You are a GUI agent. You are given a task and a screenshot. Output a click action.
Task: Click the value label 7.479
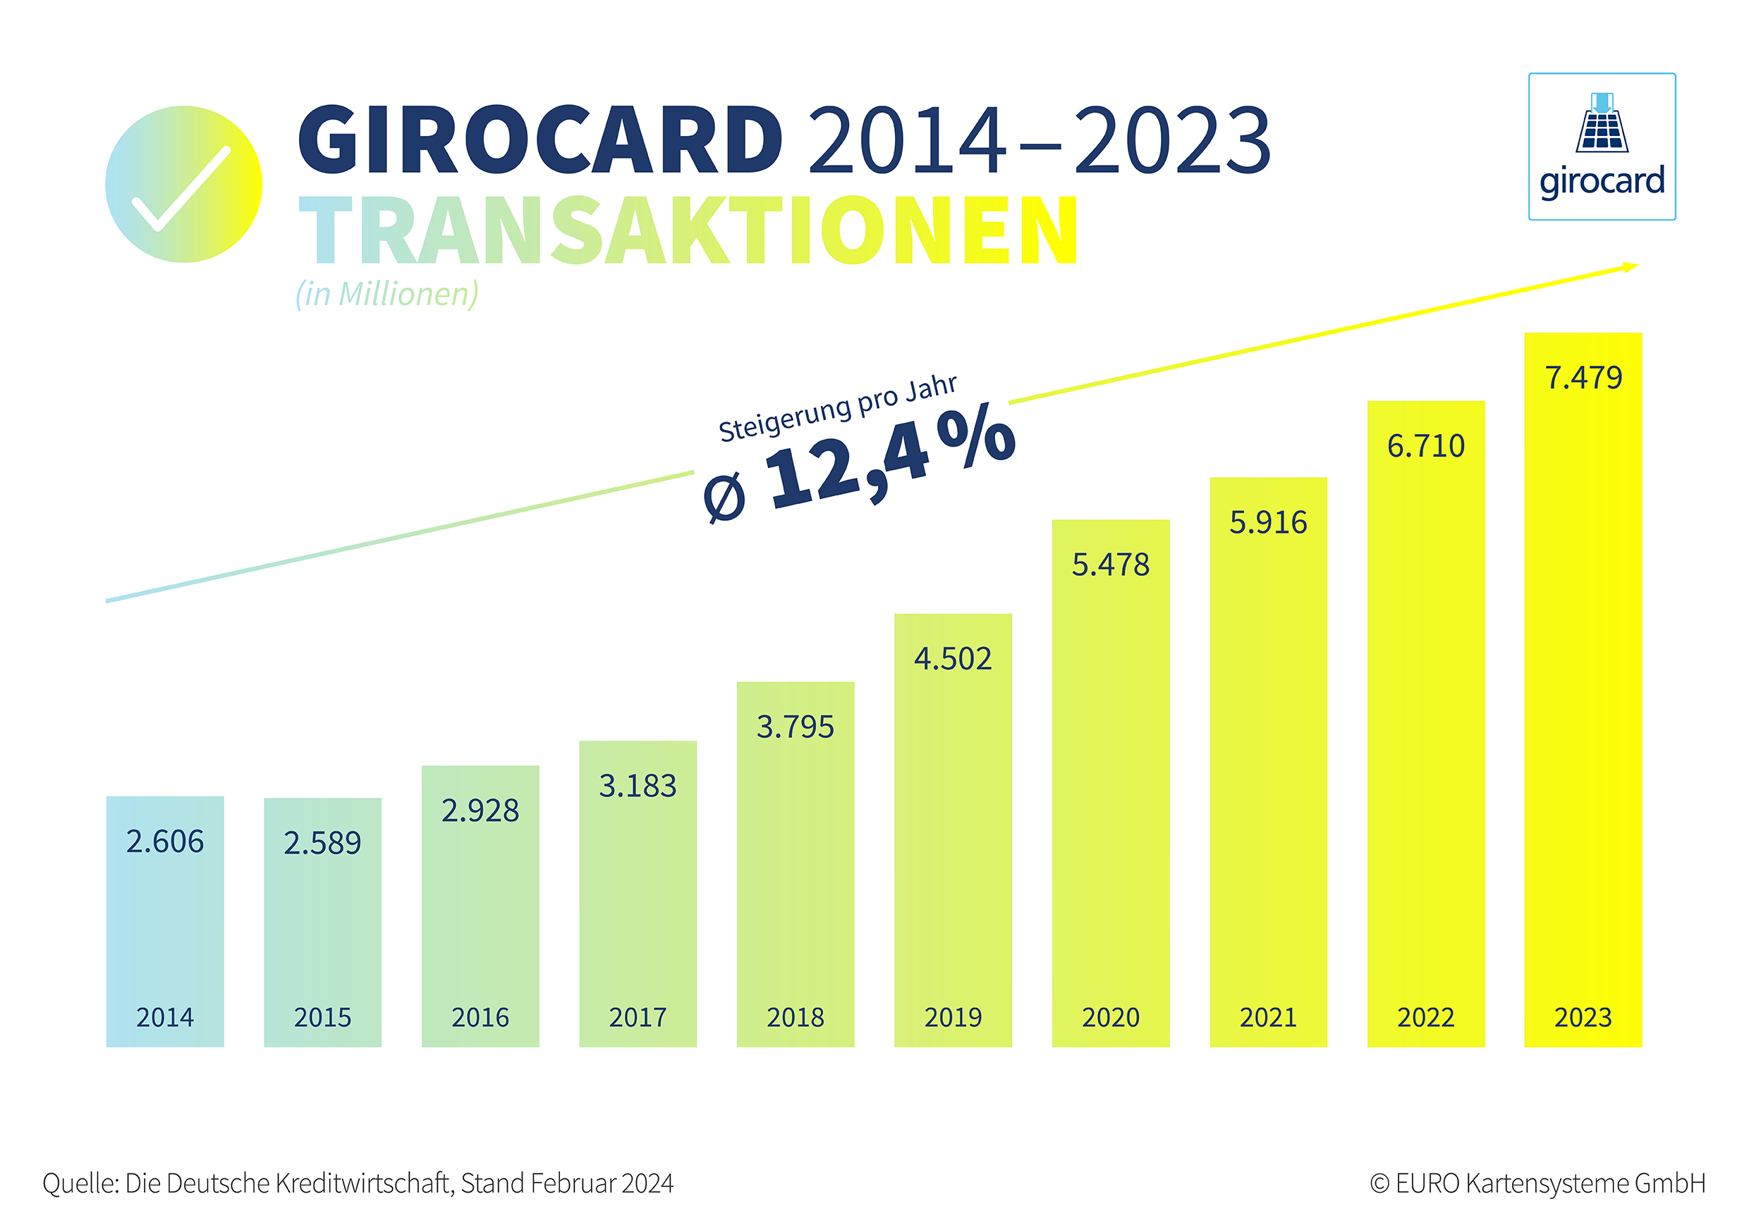coord(1583,378)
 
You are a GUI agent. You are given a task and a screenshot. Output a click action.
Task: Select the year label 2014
coord(164,1017)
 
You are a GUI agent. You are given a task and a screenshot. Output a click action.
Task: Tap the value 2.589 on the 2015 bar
coord(322,843)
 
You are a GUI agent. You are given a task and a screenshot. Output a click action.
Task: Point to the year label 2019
coord(953,1017)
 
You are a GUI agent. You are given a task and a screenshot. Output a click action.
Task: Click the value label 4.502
coord(953,658)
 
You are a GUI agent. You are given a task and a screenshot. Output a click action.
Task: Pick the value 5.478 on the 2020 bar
coord(1111,565)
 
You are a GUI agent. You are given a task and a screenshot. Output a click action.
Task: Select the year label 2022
coord(1425,1017)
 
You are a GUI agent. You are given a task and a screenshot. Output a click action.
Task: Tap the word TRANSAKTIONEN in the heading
coord(688,230)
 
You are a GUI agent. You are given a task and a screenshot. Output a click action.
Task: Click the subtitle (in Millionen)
coord(387,294)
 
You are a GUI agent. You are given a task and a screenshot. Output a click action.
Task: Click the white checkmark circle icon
coord(183,184)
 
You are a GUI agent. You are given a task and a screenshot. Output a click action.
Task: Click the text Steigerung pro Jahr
coord(837,408)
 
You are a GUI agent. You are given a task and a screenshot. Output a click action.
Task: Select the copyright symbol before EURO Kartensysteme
coord(1379,1184)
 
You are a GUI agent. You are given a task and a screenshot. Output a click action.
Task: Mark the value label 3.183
coord(638,786)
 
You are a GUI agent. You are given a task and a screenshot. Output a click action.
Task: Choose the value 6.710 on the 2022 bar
coord(1425,446)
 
